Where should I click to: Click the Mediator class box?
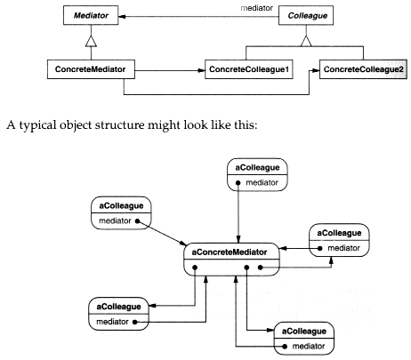[91, 15]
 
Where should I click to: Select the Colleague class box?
[306, 15]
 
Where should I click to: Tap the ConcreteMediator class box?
[91, 69]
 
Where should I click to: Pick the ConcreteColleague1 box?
[249, 69]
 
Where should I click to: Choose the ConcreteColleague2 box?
[363, 69]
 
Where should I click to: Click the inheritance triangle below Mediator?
[91, 42]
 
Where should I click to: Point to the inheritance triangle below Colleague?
[306, 41]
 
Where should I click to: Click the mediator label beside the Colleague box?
[257, 8]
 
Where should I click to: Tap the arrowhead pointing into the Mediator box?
[122, 16]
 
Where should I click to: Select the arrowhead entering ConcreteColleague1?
[201, 70]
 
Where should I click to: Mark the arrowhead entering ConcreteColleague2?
[316, 70]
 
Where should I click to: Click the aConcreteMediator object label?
[230, 252]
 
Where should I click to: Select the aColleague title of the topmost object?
[257, 168]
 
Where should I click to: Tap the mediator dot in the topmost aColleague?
[238, 183]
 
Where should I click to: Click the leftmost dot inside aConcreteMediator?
[195, 268]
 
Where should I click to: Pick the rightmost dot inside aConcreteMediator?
[260, 268]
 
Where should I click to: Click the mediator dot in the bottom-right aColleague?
[285, 346]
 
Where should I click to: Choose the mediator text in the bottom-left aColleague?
[112, 322]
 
